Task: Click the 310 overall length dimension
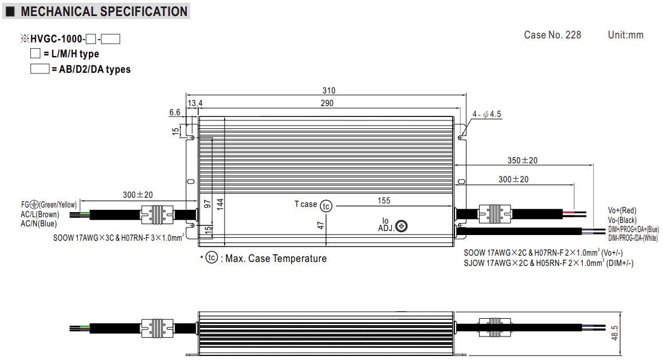(328, 91)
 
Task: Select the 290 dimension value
(327, 103)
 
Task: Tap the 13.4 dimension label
(195, 103)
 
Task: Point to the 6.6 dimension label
(175, 114)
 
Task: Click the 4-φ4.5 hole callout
(488, 114)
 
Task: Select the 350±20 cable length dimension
(522, 161)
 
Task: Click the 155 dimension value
(384, 201)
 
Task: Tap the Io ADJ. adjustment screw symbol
(402, 226)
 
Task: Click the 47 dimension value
(321, 225)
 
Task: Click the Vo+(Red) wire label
(622, 211)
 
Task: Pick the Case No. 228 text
(552, 35)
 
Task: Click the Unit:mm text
(625, 35)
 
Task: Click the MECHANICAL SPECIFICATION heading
(104, 11)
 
